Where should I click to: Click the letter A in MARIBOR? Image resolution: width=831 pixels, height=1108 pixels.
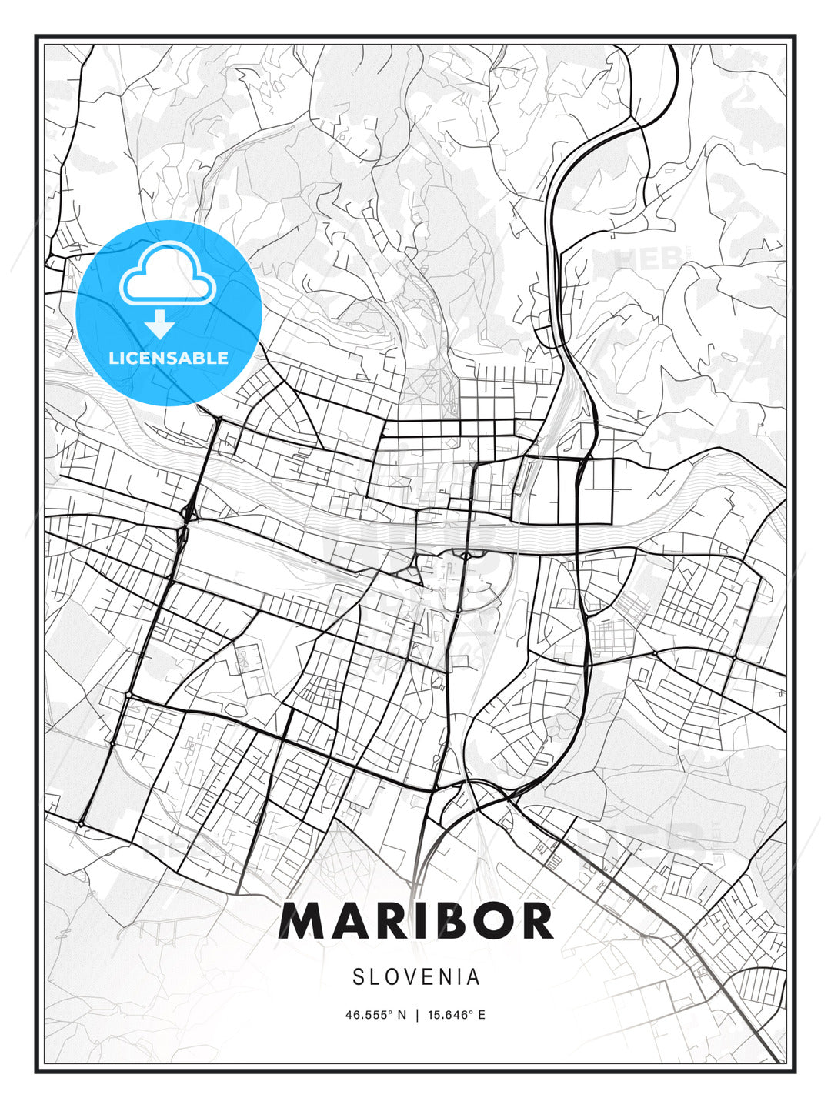pos(346,921)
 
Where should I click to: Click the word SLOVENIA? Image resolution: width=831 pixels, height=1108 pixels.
pos(416,977)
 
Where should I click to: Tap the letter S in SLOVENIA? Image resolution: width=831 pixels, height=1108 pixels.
pos(359,977)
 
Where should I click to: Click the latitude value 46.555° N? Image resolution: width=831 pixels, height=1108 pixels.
pos(375,1015)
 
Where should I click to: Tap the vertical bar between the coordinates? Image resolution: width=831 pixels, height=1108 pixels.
pos(416,1015)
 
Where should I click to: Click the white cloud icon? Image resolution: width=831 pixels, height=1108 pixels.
pos(166,274)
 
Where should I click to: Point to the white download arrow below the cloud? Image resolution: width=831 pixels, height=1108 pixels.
pos(160,324)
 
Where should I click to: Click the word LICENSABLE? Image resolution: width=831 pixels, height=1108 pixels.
pos(169,358)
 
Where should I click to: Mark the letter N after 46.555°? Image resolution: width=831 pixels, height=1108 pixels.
pos(401,1015)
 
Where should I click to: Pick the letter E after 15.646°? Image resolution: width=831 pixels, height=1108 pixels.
pos(482,1015)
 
